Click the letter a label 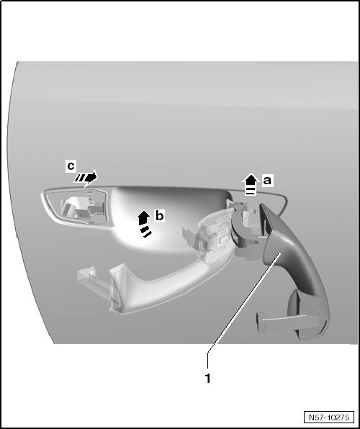267,181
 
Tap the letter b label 160,216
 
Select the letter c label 71,166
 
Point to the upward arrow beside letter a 251,184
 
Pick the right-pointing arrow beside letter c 86,178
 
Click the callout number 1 208,379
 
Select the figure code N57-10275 329,417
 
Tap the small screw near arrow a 254,210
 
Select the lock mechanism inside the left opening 82,210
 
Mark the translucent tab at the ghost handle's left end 89,276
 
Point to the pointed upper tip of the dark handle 261,204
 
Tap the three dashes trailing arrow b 146,231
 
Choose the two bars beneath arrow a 250,191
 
